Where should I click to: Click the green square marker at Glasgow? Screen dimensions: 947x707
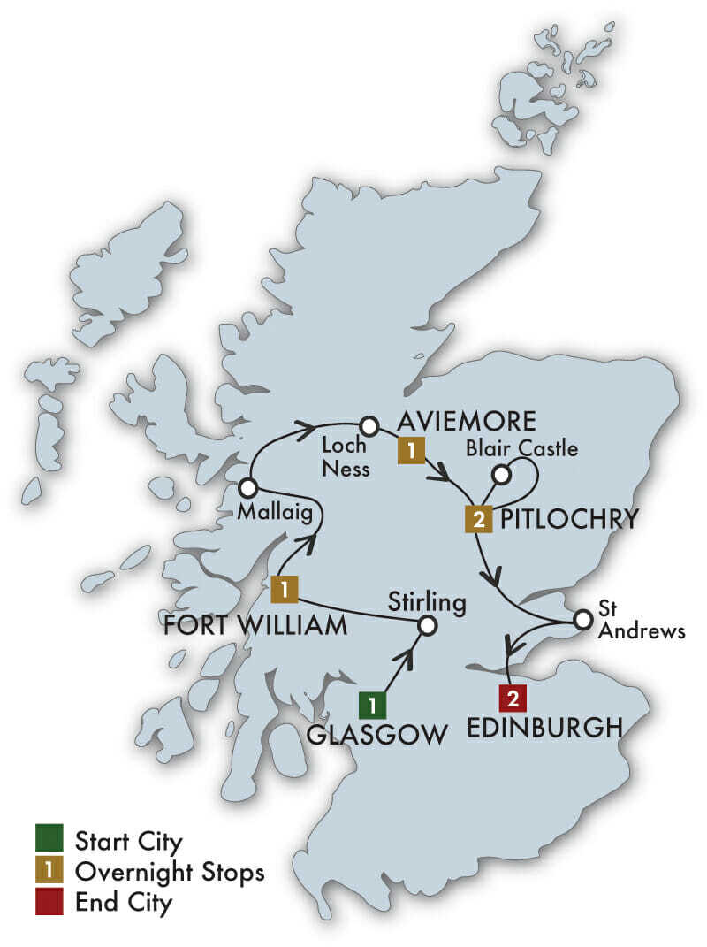371,704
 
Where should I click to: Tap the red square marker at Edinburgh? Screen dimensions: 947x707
512,699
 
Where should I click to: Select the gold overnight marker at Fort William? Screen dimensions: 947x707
284,588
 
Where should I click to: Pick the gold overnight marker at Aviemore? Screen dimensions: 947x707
410,451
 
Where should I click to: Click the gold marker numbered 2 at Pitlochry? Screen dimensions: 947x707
478,520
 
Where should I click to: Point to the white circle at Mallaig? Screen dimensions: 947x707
247,487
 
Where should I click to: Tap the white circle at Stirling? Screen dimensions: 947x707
427,626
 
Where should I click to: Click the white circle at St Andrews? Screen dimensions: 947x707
582,620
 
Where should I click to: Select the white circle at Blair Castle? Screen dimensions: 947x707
501,475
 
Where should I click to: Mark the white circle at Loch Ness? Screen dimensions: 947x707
369,427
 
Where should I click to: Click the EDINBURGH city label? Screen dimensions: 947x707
541,728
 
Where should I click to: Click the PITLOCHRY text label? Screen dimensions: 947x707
568,519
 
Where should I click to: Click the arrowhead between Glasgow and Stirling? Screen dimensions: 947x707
408,658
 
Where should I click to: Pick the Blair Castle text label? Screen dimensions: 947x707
521,449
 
